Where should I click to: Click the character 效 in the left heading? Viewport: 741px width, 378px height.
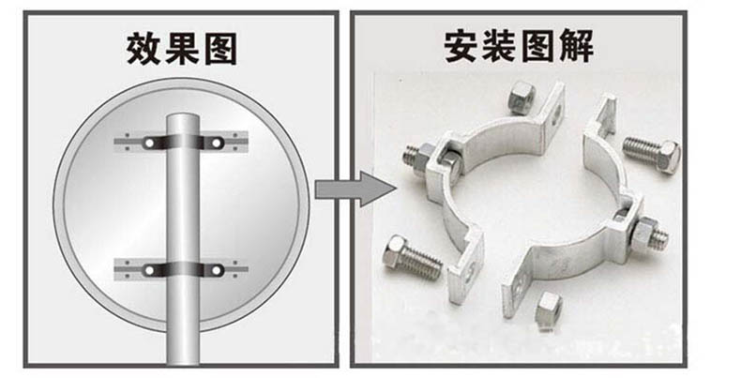click(144, 49)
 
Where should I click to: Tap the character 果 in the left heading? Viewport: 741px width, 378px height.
click(182, 49)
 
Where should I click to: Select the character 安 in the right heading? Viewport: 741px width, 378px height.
click(462, 46)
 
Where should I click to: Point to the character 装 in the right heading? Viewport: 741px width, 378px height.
click(500, 46)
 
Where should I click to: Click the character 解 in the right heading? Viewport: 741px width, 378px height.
click(577, 46)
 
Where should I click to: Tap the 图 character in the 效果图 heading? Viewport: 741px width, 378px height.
click(219, 49)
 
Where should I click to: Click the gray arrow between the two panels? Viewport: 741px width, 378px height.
click(355, 189)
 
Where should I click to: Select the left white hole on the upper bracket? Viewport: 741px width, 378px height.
click(150, 143)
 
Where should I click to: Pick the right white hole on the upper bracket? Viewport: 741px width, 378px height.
click(216, 143)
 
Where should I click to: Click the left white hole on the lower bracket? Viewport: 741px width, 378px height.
click(150, 270)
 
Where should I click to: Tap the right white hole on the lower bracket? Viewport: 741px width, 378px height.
click(216, 270)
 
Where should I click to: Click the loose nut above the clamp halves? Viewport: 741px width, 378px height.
click(522, 97)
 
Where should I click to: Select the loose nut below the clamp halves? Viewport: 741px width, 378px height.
click(549, 306)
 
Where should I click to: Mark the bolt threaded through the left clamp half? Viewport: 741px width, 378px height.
click(421, 159)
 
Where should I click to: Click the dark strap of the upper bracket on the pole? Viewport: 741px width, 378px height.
click(183, 143)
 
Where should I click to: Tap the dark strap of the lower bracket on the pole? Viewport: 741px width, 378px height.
click(183, 270)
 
